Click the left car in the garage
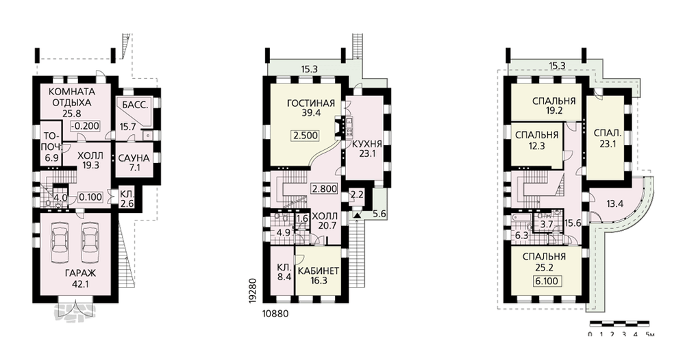point(60,241)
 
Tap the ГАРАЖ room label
point(80,273)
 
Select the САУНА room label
point(134,158)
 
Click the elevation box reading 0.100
point(90,197)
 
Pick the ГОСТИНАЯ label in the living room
point(310,103)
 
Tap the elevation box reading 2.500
point(306,136)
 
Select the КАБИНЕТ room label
point(319,271)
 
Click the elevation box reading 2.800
point(324,189)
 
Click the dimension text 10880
point(275,314)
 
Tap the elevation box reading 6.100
point(547,281)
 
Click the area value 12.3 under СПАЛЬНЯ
point(536,147)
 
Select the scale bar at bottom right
point(619,324)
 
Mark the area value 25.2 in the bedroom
point(544,267)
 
